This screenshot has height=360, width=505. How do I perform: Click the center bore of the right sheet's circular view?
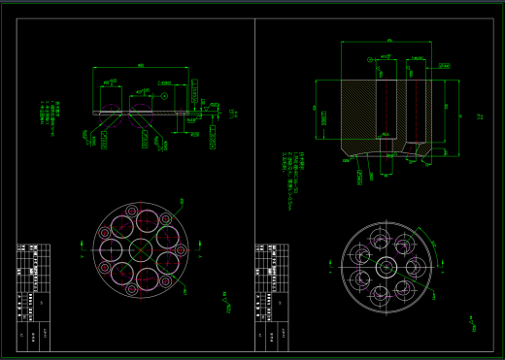(383, 266)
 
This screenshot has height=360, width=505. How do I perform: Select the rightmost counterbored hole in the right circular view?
(413, 266)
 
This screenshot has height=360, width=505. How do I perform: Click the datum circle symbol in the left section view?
(166, 96)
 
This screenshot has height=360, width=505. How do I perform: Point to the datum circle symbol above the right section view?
(371, 59)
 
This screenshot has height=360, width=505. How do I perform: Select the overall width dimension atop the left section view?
(142, 66)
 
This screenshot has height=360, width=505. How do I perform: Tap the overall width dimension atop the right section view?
(388, 41)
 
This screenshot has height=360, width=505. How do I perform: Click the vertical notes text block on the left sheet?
(49, 115)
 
